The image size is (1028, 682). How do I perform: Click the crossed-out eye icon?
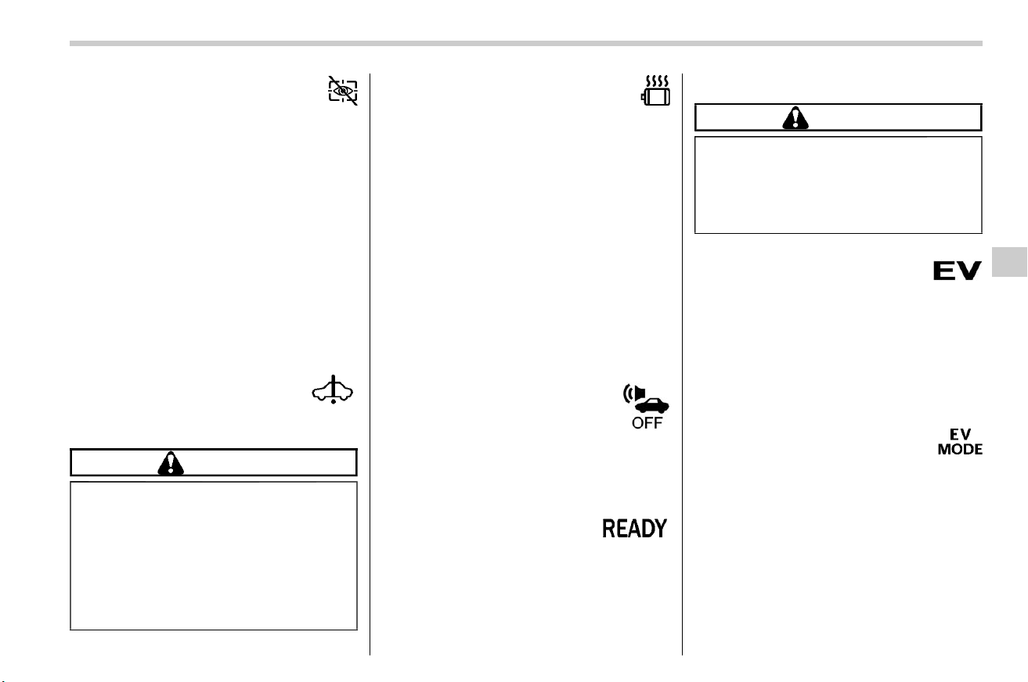click(343, 91)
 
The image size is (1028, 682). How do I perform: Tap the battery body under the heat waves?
click(656, 97)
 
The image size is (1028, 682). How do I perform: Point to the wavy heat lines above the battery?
click(657, 81)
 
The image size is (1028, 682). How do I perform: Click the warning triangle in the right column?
click(795, 117)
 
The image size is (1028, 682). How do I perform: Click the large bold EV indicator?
click(958, 271)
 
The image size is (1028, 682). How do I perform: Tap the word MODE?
click(960, 449)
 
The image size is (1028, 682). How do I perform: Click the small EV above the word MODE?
click(960, 434)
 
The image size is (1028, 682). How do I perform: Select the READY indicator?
click(634, 529)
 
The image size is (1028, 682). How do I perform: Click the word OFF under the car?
click(647, 423)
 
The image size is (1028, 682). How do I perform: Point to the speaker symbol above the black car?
click(634, 393)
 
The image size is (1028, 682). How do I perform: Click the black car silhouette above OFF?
click(652, 406)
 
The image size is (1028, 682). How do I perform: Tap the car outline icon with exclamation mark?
click(333, 389)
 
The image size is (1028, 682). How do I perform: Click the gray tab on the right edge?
click(1009, 262)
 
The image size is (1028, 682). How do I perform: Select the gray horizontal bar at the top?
click(526, 44)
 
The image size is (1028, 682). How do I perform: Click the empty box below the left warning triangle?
click(214, 555)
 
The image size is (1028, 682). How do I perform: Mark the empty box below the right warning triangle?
click(838, 185)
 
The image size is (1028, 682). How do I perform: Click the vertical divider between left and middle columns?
click(370, 364)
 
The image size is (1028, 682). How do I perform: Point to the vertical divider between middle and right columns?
click(682, 364)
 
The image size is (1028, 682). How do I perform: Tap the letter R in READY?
click(608, 529)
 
